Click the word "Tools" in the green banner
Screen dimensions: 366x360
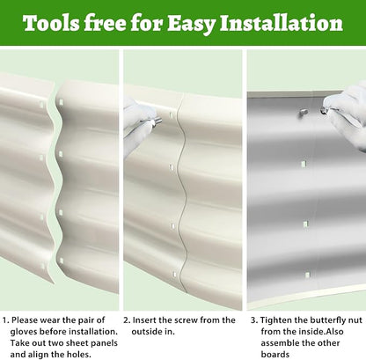pyautogui.click(x=51, y=23)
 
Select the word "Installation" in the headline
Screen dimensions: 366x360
pyautogui.click(x=282, y=23)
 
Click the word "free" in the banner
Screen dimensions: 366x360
pyautogui.click(x=105, y=23)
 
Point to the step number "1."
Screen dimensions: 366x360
pyautogui.click(x=5, y=320)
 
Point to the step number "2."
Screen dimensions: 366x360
pyautogui.click(x=127, y=320)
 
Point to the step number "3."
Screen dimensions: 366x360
pyautogui.click(x=254, y=320)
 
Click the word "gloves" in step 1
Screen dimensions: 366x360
pyautogui.click(x=24, y=332)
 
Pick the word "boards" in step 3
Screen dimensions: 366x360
pyautogui.click(x=274, y=355)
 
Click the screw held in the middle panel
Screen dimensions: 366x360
pyautogui.click(x=157, y=121)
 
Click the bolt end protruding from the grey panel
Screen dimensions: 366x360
pyautogui.click(x=304, y=113)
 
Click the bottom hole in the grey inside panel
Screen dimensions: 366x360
pyautogui.click(x=307, y=276)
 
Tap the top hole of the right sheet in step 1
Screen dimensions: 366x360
pyautogui.click(x=62, y=102)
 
